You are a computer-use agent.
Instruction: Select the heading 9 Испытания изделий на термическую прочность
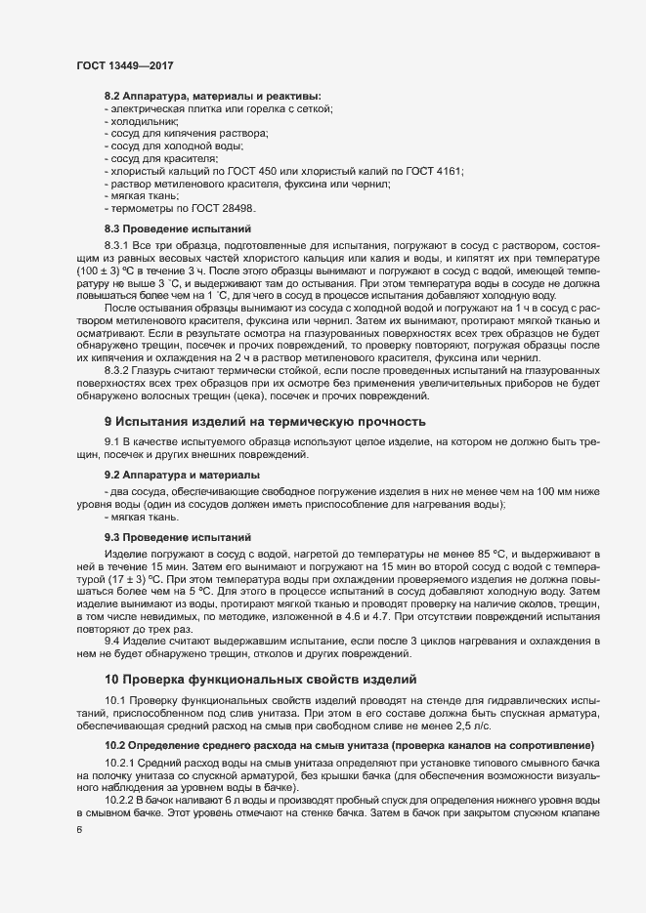(265, 422)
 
